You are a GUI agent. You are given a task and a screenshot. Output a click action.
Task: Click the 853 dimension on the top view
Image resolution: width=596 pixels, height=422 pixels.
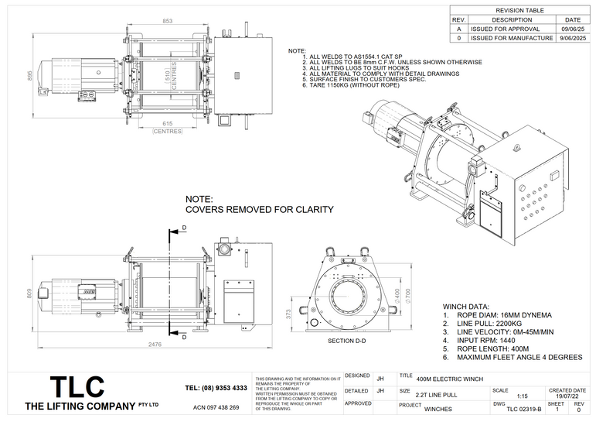click(x=168, y=21)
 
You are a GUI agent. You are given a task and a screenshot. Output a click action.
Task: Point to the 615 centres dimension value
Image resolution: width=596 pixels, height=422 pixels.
click(x=167, y=123)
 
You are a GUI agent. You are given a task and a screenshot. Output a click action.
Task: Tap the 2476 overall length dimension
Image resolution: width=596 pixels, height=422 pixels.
click(x=156, y=345)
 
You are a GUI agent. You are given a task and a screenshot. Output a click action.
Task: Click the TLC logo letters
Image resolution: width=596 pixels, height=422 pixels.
click(x=77, y=386)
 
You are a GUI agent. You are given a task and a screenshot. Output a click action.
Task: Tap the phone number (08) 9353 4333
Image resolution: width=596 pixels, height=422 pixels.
click(x=216, y=387)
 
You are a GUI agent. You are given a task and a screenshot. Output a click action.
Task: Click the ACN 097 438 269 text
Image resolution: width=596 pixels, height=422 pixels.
click(x=216, y=407)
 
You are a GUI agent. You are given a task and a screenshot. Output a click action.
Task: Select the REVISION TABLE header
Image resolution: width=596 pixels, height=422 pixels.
click(x=521, y=11)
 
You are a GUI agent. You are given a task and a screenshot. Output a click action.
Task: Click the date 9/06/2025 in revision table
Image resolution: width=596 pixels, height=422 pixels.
click(x=573, y=38)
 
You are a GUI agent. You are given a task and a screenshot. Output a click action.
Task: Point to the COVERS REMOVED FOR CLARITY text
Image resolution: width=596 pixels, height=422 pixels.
click(x=260, y=210)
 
